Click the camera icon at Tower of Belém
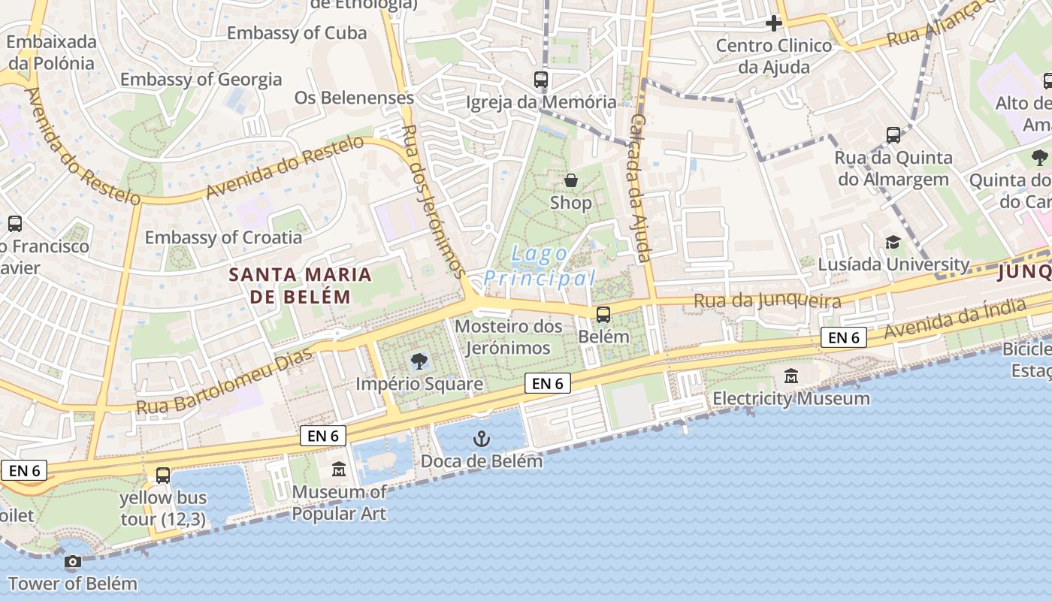tap(73, 562)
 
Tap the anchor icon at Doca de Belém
tap(481, 439)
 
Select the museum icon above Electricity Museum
tap(791, 376)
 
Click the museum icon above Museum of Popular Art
tap(339, 470)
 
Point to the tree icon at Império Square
tap(419, 361)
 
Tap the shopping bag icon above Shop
tap(571, 180)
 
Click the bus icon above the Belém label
tap(603, 315)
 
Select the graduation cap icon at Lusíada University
tap(893, 242)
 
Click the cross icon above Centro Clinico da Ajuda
tap(773, 23)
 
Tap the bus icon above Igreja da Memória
tap(541, 79)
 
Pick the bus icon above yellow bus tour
tap(163, 475)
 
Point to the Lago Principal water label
tap(540, 266)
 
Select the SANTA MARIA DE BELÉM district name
tap(300, 285)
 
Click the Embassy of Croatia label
tap(223, 237)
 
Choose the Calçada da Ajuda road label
tap(639, 188)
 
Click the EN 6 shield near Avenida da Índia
tap(843, 338)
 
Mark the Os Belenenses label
tap(354, 98)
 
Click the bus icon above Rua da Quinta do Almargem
tap(893, 135)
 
